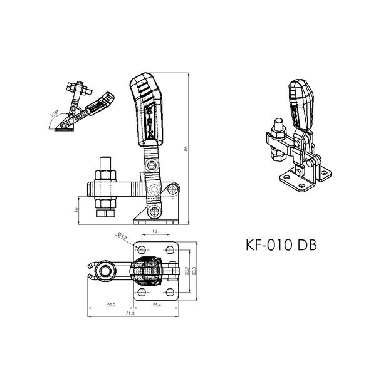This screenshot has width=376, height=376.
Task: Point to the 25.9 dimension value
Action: (110, 305)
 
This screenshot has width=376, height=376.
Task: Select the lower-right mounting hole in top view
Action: (170, 292)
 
